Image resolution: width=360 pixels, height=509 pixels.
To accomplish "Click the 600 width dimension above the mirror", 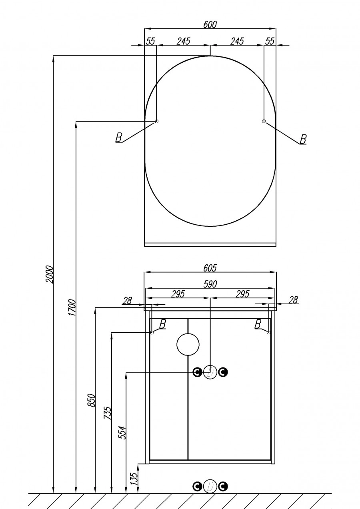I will point(210,24).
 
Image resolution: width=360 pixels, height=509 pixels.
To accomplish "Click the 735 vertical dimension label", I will point(107,411).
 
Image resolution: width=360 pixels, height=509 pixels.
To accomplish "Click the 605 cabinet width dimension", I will point(210,268).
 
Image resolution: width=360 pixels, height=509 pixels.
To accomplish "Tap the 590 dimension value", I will point(210,284).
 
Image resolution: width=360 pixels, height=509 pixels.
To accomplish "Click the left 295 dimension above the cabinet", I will point(178,294).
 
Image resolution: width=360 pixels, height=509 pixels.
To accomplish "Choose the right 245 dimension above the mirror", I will point(237,41).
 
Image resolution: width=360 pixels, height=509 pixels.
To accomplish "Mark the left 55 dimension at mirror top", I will point(150,41).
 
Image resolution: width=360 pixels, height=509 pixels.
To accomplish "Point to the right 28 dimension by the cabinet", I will point(293,300).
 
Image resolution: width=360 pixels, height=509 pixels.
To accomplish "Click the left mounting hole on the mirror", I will point(156,121).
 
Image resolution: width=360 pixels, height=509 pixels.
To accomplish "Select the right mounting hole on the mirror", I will point(264,121).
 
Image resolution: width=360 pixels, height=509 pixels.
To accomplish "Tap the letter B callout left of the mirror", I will point(118,138).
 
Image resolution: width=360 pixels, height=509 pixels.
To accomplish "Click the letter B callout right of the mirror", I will point(303,139).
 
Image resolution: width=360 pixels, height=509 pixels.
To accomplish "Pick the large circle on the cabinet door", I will point(188,344).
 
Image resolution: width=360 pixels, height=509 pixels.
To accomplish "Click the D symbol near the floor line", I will point(210,486).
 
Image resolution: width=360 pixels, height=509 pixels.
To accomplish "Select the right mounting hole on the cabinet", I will point(268,332).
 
